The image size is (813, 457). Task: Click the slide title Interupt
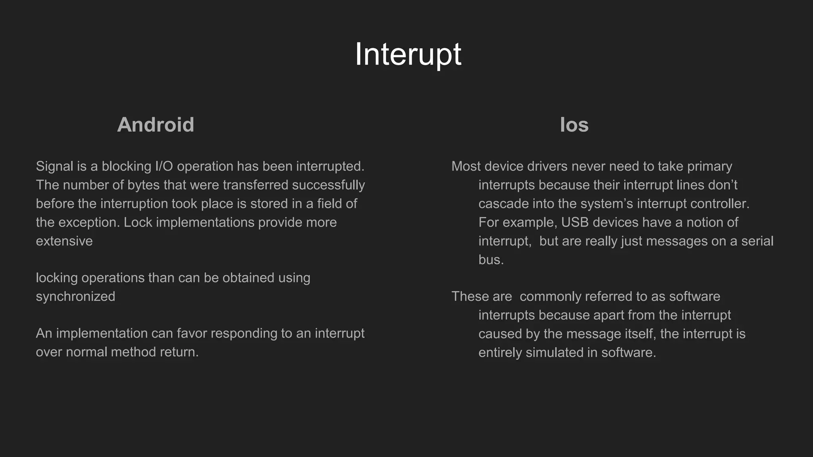pyautogui.click(x=408, y=54)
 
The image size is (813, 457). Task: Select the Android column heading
pyautogui.click(x=155, y=125)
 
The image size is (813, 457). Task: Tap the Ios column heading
pyautogui.click(x=574, y=125)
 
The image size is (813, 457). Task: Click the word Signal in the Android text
pyautogui.click(x=54, y=167)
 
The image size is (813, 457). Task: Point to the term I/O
pyautogui.click(x=164, y=167)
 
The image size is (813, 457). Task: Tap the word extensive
pyautogui.click(x=64, y=241)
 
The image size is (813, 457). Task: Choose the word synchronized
pyautogui.click(x=75, y=297)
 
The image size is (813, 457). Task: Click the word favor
pyautogui.click(x=191, y=334)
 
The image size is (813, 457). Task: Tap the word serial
pyautogui.click(x=757, y=241)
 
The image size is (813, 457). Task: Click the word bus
pyautogui.click(x=491, y=260)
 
